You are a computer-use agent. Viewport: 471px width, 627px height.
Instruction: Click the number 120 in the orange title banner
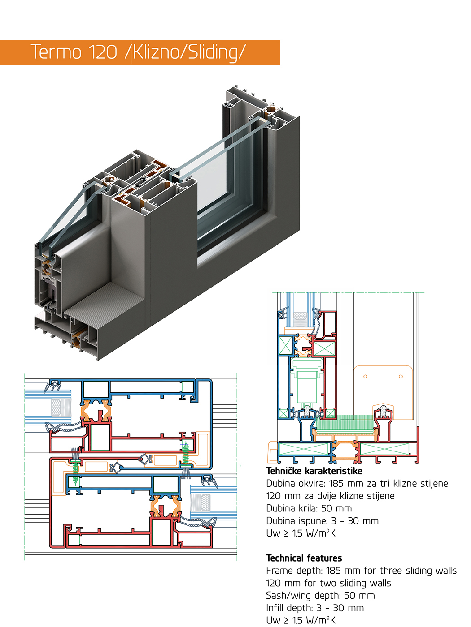(103, 52)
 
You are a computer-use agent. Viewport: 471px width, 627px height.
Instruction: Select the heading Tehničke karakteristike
(314, 471)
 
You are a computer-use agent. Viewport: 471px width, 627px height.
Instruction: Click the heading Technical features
(304, 558)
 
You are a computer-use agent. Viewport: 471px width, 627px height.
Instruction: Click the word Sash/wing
(288, 596)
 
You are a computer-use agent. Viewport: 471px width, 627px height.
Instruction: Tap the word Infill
(275, 608)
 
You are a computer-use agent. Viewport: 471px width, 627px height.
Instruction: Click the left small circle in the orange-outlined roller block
(365, 377)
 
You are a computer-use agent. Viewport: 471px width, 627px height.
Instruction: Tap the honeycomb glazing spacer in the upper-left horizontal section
(56, 407)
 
